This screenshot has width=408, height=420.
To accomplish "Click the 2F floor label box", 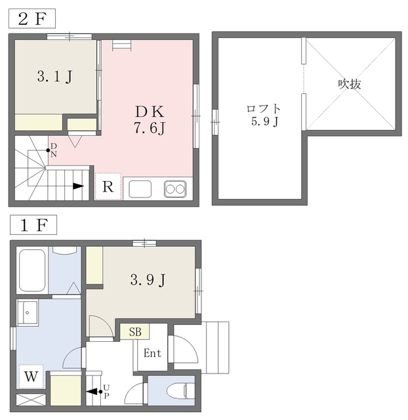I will click(x=31, y=18).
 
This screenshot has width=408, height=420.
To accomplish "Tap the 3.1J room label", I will click(x=54, y=76).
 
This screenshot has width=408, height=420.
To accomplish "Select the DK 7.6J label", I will click(x=150, y=118).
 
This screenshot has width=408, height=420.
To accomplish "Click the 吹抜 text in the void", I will click(x=350, y=84).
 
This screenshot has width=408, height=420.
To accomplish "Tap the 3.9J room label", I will click(x=146, y=281).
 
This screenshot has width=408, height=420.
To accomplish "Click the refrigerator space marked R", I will click(x=108, y=187).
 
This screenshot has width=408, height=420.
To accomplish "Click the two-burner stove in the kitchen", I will click(x=175, y=189).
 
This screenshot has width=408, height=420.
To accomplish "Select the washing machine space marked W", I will click(x=31, y=377).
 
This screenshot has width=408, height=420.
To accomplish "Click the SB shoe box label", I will click(x=134, y=331).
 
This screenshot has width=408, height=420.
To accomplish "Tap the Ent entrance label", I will click(x=152, y=353).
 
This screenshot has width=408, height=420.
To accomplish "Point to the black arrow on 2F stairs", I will click(x=78, y=186).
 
